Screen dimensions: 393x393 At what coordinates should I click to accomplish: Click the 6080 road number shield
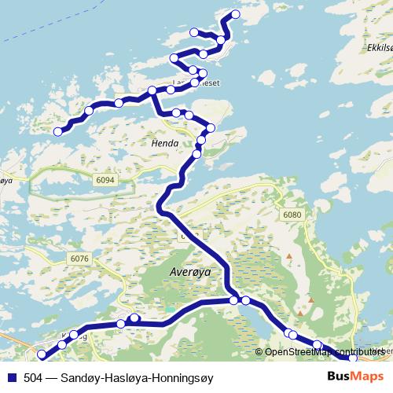tap(292, 214)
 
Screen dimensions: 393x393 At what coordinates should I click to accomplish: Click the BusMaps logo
tap(355, 376)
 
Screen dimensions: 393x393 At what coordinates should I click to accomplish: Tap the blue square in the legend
tap(12, 377)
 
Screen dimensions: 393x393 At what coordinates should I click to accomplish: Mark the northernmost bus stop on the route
tap(233, 16)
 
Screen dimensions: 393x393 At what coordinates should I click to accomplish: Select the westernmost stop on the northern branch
tap(57, 131)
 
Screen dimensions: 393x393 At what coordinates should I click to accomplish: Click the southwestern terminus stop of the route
tap(42, 354)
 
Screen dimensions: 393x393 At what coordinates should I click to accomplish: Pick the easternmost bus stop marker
tap(353, 358)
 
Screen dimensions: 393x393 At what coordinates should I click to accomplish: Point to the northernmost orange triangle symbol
tap(289, 255)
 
